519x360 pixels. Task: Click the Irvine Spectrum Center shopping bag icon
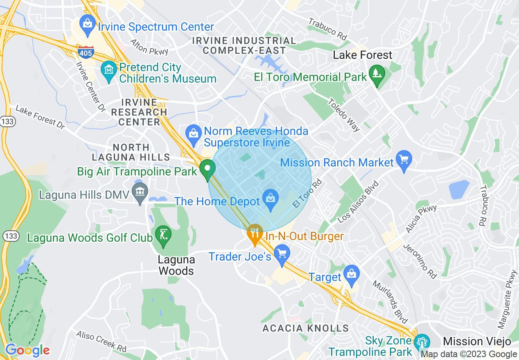87,22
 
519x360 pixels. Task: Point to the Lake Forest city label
362,55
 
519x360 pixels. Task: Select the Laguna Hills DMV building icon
140,192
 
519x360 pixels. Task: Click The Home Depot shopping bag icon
270,198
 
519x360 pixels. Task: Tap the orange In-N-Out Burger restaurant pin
255,234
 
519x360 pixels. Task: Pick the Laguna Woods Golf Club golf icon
163,235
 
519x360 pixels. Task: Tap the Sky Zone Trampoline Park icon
422,342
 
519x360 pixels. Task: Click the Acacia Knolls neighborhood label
305,328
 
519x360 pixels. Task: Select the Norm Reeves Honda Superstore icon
192,134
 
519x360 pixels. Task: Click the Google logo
27,350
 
